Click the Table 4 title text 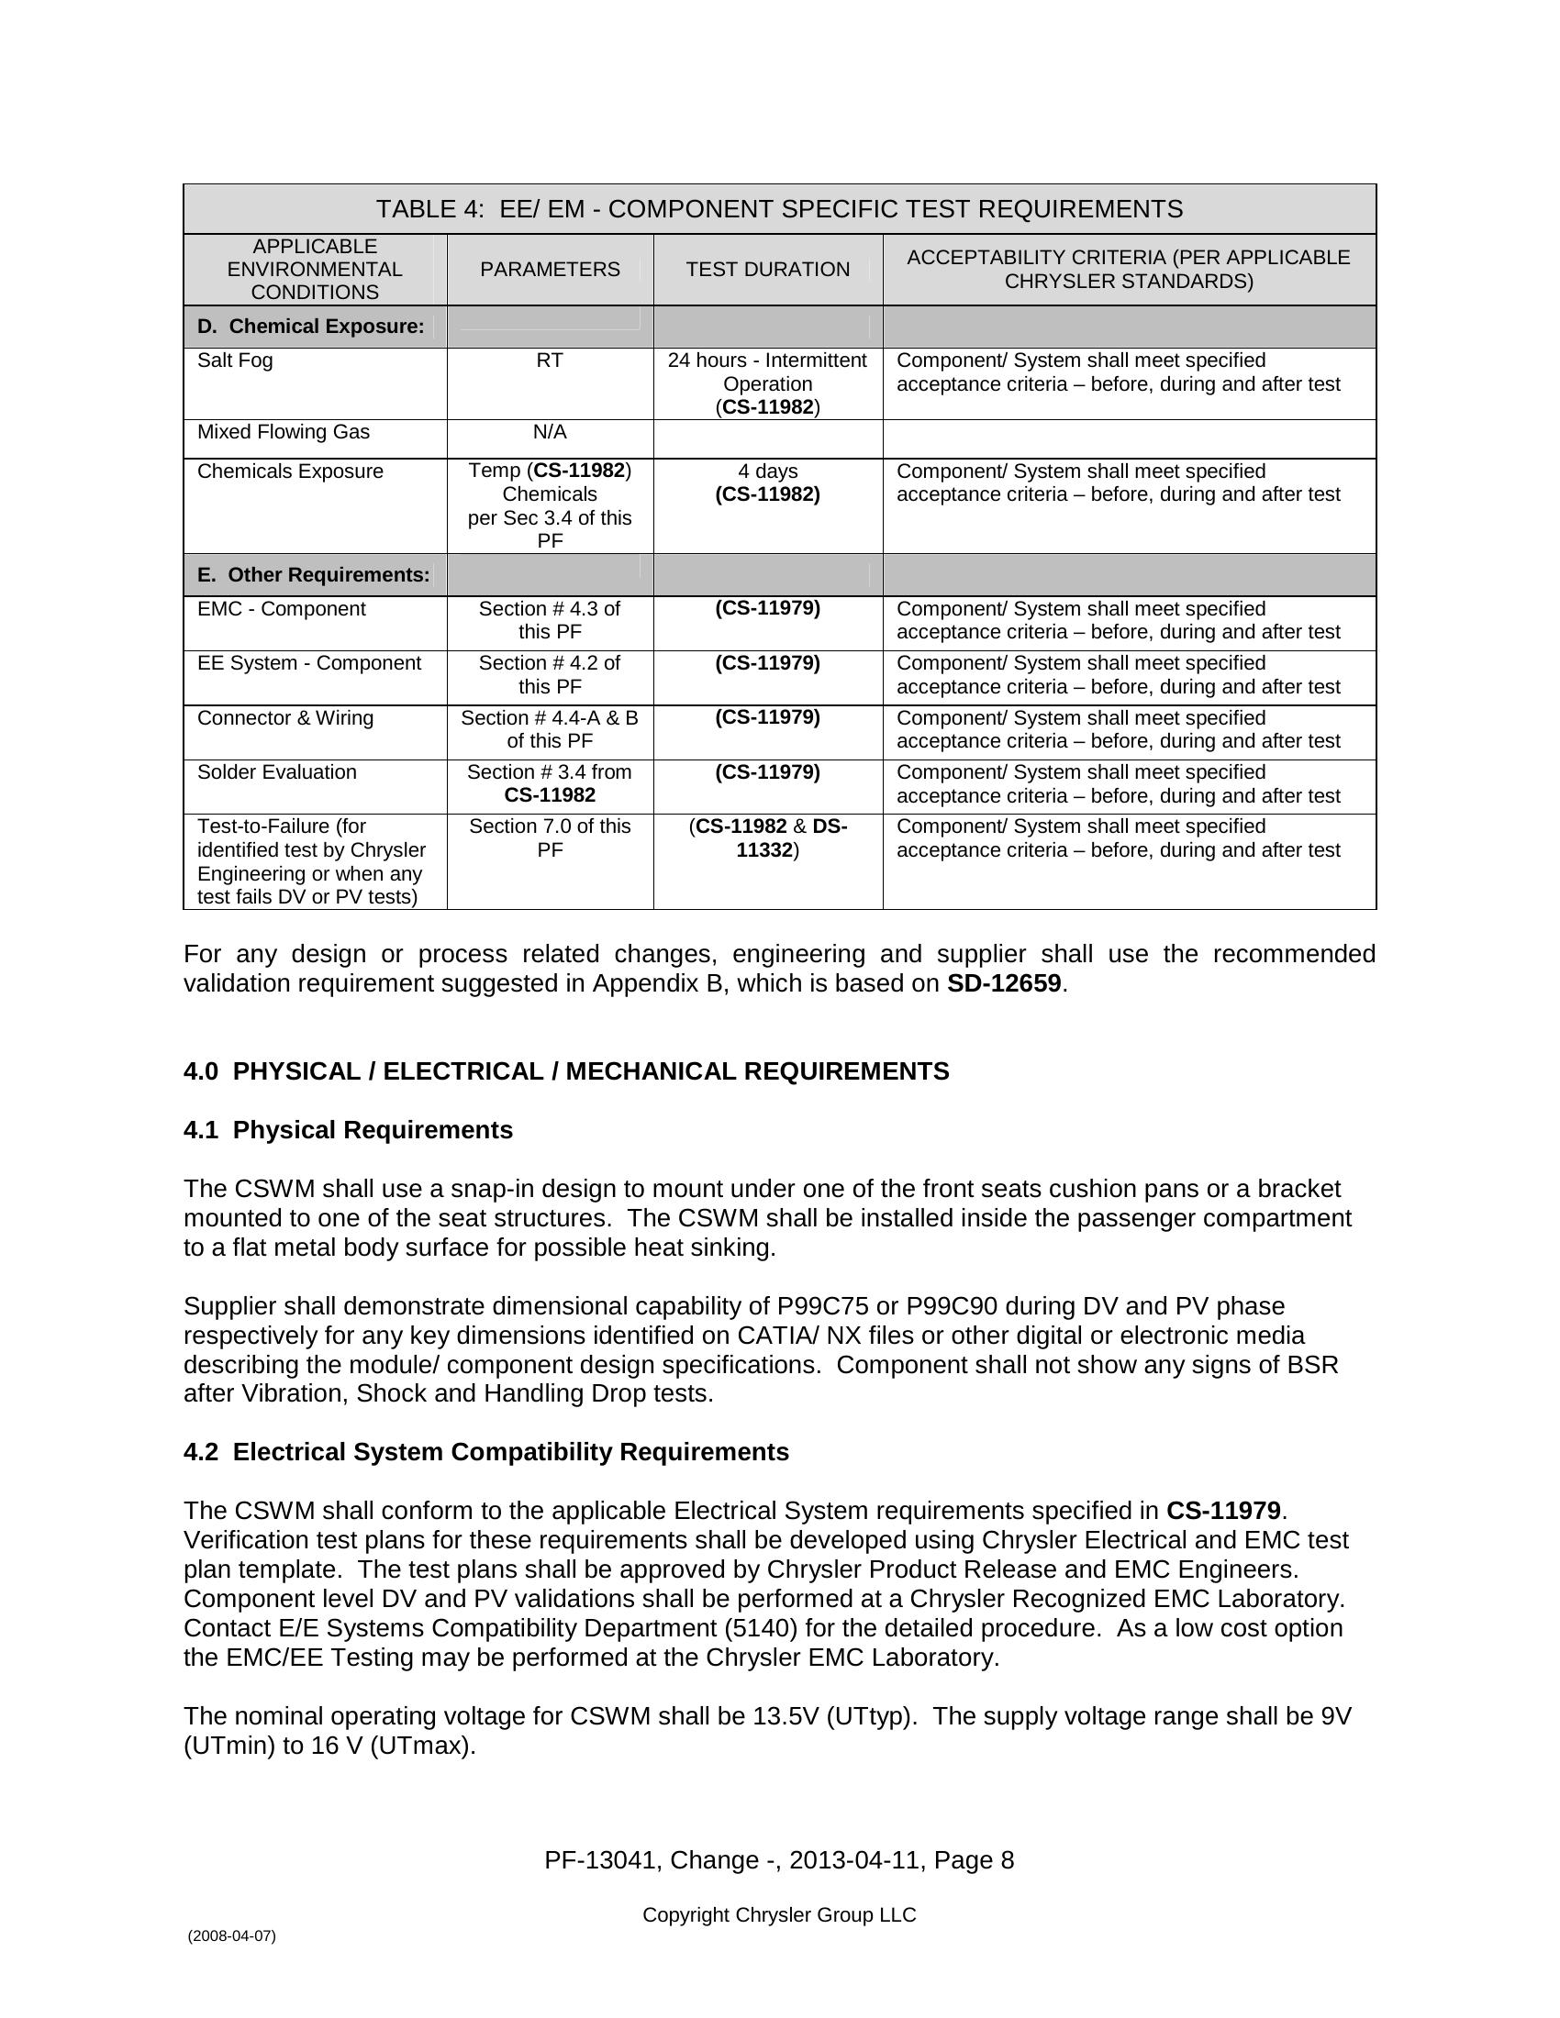coord(779,209)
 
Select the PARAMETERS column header coord(550,269)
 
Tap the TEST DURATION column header coord(767,269)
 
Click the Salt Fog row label coord(235,360)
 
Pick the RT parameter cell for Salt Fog coord(550,360)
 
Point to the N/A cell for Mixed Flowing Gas coord(550,432)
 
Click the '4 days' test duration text coord(767,471)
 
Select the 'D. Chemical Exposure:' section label coord(310,327)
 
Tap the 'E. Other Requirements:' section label coord(313,575)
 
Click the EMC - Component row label coord(281,609)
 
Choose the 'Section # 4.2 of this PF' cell coord(550,674)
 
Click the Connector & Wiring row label coord(284,718)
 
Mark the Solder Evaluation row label coord(276,772)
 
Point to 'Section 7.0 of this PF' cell coord(550,837)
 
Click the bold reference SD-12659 coord(1004,983)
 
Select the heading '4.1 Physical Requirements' coord(348,1130)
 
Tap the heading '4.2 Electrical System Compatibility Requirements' coord(486,1452)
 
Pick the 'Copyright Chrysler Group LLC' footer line coord(779,1914)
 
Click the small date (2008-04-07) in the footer coord(231,1935)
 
